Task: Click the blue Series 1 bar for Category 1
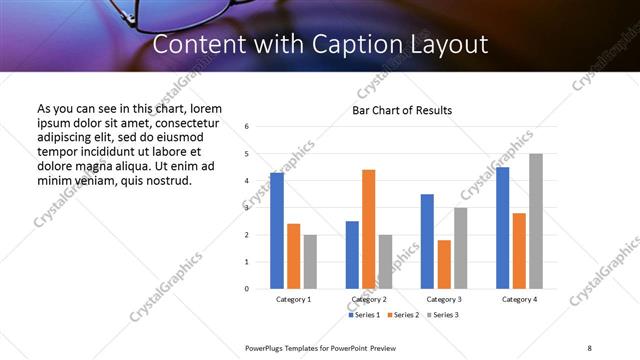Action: pyautogui.click(x=277, y=231)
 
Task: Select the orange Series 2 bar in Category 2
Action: pyautogui.click(x=368, y=229)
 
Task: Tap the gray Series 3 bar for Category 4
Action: pyautogui.click(x=536, y=221)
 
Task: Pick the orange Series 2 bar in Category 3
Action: pyautogui.click(x=444, y=264)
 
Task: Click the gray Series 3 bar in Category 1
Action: pyautogui.click(x=310, y=262)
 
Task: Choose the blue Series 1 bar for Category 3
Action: pyautogui.click(x=427, y=241)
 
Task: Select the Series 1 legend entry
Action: pyautogui.click(x=364, y=315)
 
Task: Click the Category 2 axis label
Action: pyautogui.click(x=368, y=300)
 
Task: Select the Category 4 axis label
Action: pyautogui.click(x=519, y=300)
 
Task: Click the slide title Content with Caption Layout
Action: pyautogui.click(x=320, y=45)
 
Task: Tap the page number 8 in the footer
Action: pyautogui.click(x=588, y=347)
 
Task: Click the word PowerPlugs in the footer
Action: pyautogui.click(x=264, y=347)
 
